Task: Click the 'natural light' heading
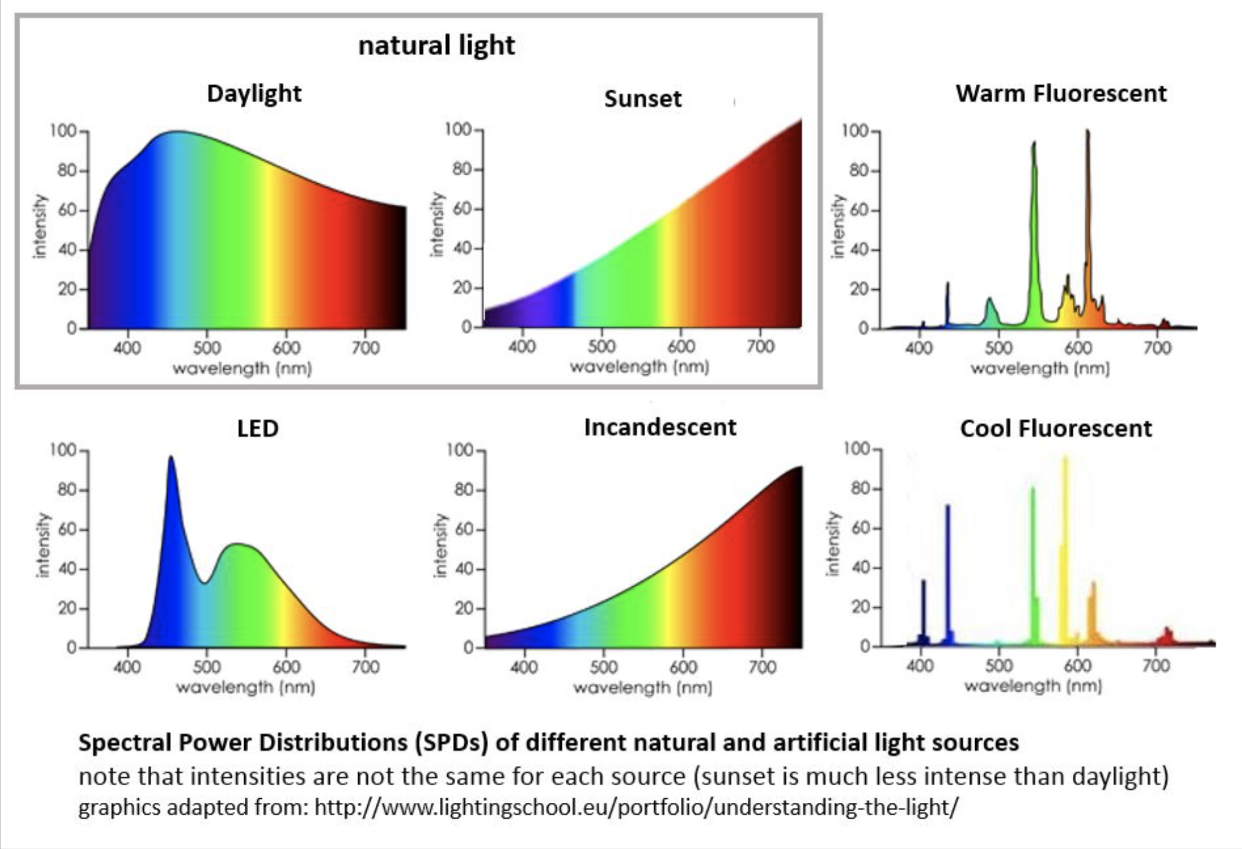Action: click(436, 45)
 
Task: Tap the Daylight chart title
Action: click(254, 93)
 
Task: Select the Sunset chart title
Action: click(642, 99)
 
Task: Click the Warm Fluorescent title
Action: click(1060, 93)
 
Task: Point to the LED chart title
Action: click(257, 428)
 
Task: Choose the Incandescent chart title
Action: click(659, 427)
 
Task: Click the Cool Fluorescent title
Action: click(1055, 428)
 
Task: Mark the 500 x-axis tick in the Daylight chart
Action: click(206, 348)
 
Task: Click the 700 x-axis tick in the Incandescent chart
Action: click(762, 667)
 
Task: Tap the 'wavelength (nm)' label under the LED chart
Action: click(245, 687)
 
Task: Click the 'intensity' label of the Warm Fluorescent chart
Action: click(838, 225)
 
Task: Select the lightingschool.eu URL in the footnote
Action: click(636, 807)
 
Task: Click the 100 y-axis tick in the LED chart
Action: click(63, 450)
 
